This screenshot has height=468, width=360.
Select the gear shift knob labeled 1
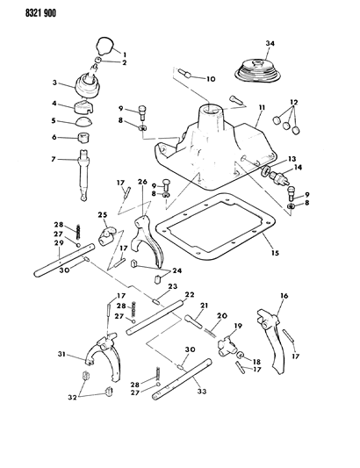coord(104,45)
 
